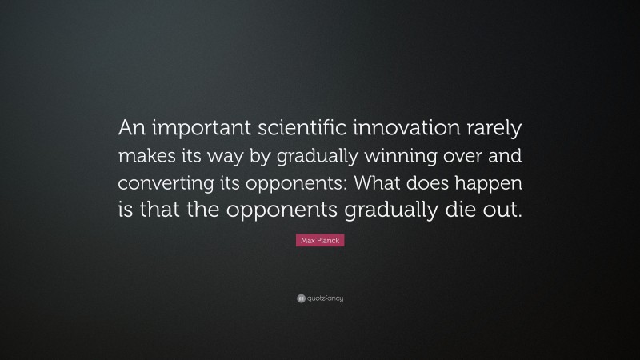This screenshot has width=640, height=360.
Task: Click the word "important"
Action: [x=196, y=128]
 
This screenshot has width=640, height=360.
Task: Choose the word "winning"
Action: [x=427, y=156]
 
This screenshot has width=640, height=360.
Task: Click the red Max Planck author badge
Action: [x=320, y=240]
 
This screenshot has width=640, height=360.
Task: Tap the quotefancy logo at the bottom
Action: [x=320, y=298]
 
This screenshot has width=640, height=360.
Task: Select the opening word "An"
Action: [x=130, y=128]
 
